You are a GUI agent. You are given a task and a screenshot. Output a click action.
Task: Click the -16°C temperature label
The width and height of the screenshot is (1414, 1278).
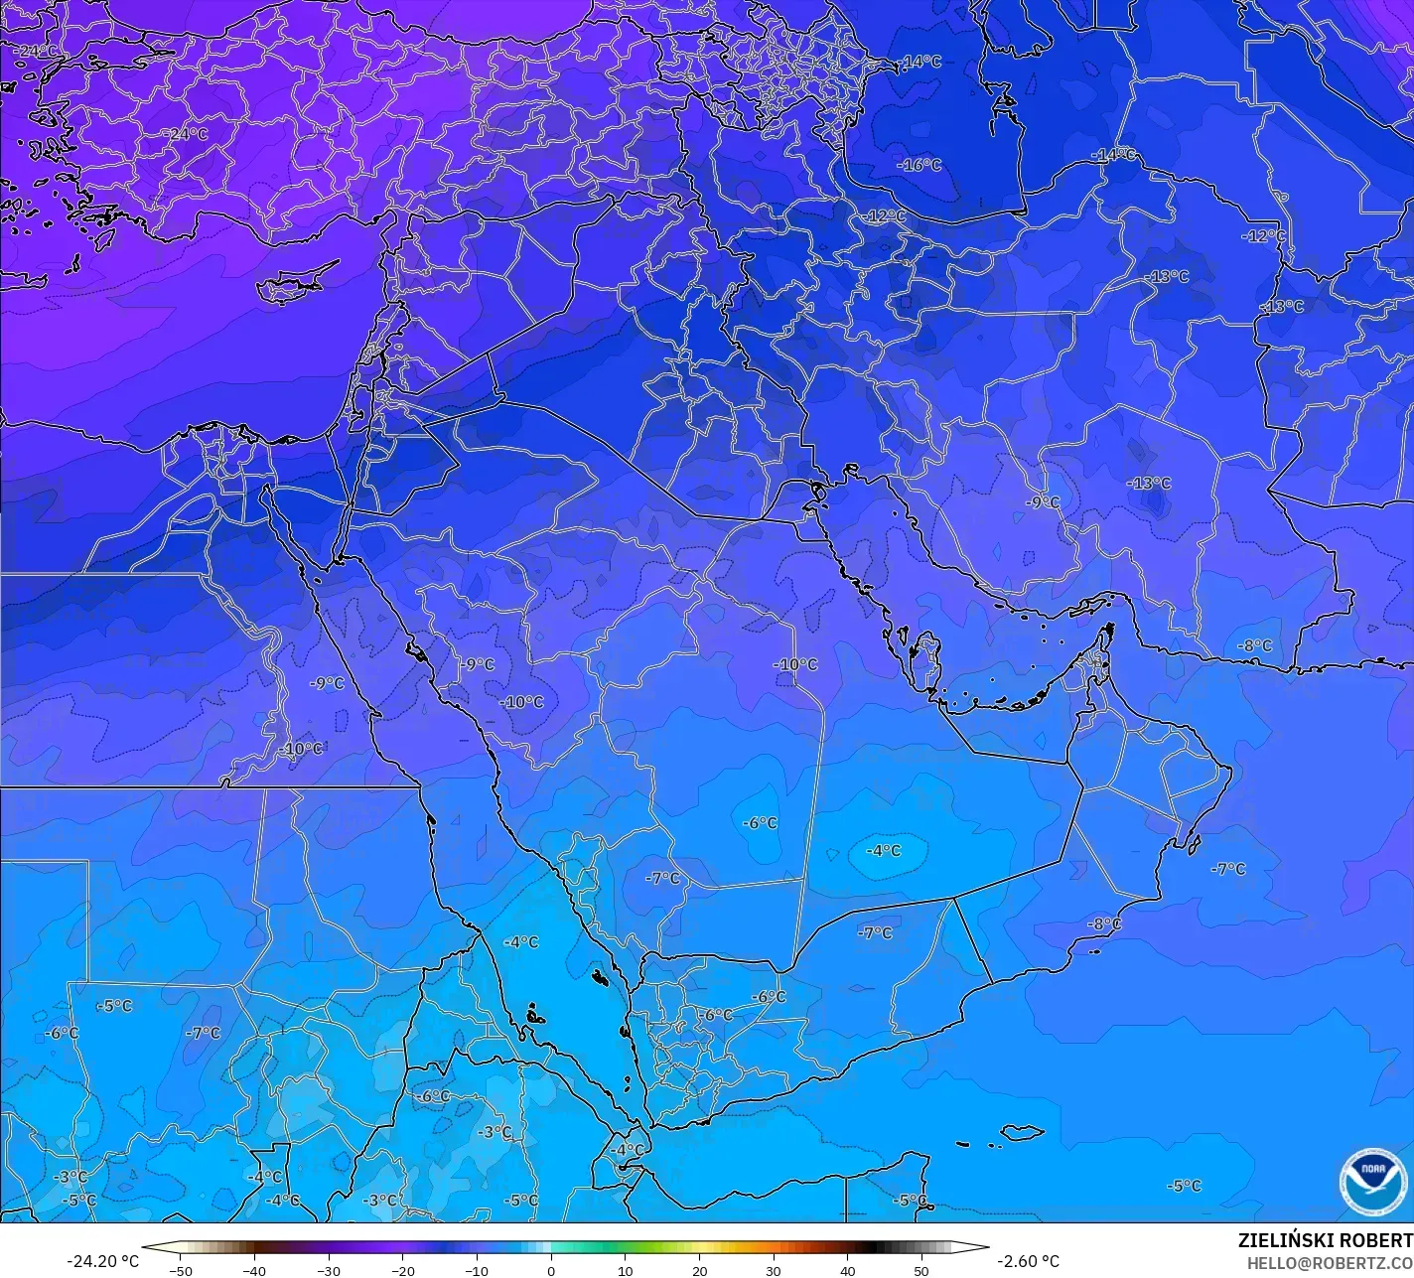(x=919, y=165)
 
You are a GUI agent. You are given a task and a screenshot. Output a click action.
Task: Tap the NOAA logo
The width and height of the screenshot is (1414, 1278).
(x=1373, y=1182)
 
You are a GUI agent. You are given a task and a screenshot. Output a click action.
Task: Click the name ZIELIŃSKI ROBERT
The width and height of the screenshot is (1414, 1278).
(x=1326, y=1240)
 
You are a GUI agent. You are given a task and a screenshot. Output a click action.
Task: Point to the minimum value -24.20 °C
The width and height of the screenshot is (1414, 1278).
(x=102, y=1261)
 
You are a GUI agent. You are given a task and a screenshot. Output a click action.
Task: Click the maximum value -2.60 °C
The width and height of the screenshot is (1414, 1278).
(x=1028, y=1261)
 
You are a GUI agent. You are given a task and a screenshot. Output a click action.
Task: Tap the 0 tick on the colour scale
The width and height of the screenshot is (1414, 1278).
(x=551, y=1271)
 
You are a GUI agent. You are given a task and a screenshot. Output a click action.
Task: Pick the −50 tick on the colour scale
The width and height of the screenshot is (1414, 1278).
(x=180, y=1271)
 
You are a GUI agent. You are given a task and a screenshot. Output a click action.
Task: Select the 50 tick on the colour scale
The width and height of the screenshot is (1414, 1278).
(x=921, y=1271)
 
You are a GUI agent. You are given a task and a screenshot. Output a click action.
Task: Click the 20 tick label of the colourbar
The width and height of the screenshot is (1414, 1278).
(x=699, y=1271)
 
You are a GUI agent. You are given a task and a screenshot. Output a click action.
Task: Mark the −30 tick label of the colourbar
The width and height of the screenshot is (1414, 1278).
(x=328, y=1271)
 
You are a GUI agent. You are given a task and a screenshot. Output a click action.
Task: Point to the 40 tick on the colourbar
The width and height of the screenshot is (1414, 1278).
(x=847, y=1271)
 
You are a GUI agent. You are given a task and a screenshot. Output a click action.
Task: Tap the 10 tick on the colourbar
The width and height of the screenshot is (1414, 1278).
(x=625, y=1271)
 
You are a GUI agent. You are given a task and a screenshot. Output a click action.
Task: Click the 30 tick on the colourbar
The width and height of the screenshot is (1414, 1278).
(x=774, y=1271)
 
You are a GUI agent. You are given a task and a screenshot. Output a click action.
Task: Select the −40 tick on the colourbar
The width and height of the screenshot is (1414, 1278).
(x=254, y=1271)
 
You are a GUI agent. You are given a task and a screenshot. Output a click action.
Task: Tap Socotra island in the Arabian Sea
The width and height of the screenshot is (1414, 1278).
(x=1022, y=1132)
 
